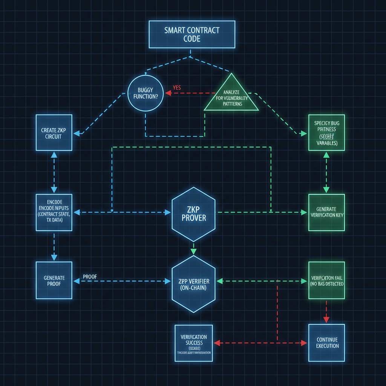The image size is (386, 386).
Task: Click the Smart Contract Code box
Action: [x=192, y=34]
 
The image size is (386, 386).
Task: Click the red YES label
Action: [x=177, y=88]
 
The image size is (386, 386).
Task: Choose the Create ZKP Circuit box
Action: [x=54, y=133]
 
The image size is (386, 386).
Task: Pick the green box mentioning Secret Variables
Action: [x=326, y=133]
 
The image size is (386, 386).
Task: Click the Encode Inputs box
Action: [x=54, y=213]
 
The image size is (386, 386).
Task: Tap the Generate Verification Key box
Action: [x=326, y=213]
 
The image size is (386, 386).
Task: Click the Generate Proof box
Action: [x=54, y=281]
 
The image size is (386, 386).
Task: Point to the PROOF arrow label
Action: [x=90, y=277]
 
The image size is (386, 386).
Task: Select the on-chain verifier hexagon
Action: [x=193, y=284]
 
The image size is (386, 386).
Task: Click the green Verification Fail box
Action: [x=326, y=281]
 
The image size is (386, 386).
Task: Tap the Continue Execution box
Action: [x=326, y=343]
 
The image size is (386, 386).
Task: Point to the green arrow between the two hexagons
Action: [x=193, y=249]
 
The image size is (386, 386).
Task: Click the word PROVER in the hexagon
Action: [x=193, y=218]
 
